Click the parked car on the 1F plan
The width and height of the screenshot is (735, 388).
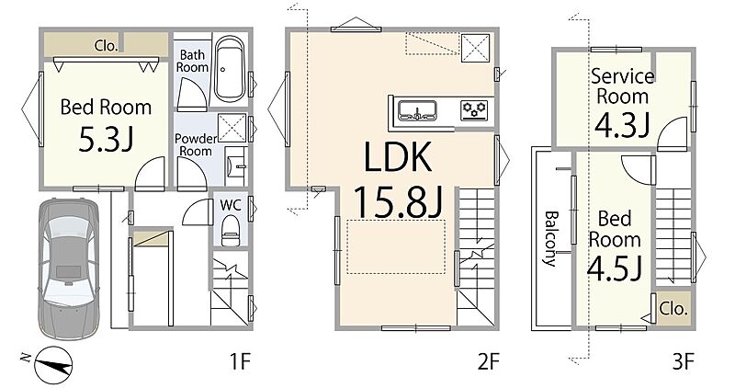[x=68, y=268]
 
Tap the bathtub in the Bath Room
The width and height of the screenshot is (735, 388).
[x=229, y=70]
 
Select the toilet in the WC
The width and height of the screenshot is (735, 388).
[x=230, y=231]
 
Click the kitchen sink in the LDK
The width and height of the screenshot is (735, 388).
[x=418, y=111]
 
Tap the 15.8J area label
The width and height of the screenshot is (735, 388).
[x=398, y=200]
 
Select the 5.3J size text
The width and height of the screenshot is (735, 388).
[x=106, y=140]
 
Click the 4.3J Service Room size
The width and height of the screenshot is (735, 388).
[x=622, y=124]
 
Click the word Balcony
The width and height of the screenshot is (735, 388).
[x=551, y=239]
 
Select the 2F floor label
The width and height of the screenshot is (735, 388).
[x=489, y=361]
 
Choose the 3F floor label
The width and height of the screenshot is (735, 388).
[x=682, y=361]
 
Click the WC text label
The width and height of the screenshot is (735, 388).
[x=231, y=205]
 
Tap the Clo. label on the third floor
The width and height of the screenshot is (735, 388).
[x=673, y=309]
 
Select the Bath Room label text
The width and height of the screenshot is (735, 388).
[x=192, y=61]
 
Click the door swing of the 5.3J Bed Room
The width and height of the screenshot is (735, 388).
[x=150, y=174]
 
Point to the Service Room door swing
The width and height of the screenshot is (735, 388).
[x=672, y=133]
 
